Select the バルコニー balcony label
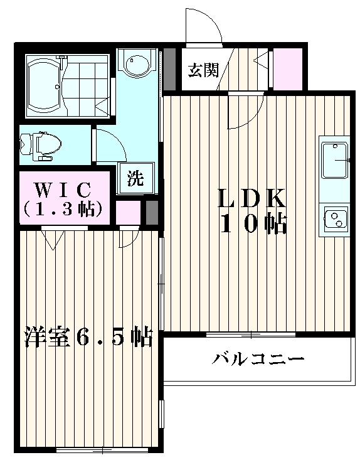click(x=258, y=360)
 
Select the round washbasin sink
click(x=136, y=64)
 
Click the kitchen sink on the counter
click(x=335, y=161)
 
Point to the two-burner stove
click(x=336, y=218)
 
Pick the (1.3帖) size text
click(x=63, y=209)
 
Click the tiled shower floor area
click(x=87, y=86)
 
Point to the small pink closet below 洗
click(x=128, y=211)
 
